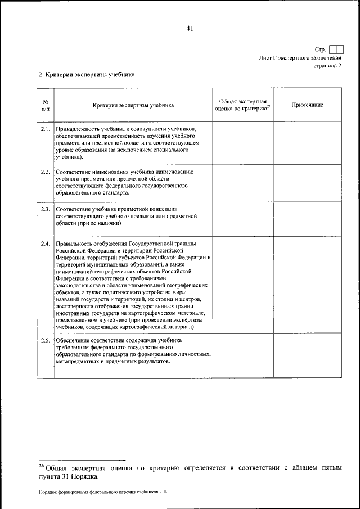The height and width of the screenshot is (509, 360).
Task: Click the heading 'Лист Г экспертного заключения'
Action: (x=300, y=58)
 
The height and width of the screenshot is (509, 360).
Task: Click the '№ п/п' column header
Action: (x=45, y=105)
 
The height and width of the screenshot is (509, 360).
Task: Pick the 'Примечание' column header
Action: (x=307, y=105)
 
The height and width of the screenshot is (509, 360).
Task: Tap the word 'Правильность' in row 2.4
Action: (x=73, y=242)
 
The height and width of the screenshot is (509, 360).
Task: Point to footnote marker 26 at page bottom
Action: (x=41, y=465)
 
